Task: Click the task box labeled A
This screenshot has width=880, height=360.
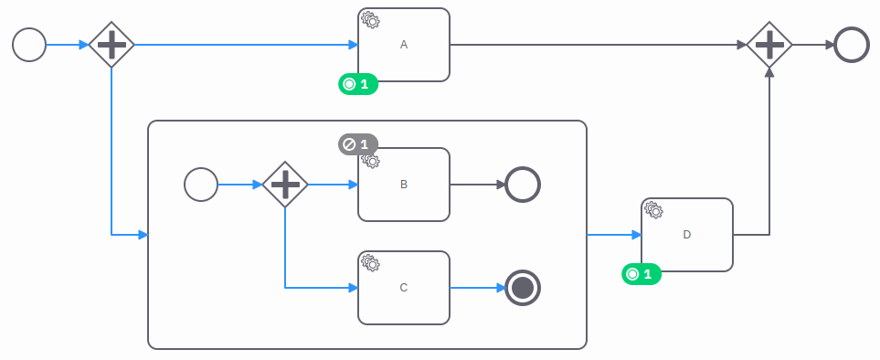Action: click(403, 45)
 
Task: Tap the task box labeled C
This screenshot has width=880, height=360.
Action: click(403, 288)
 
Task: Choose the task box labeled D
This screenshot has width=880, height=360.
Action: click(686, 235)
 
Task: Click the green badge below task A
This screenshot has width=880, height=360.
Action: click(357, 84)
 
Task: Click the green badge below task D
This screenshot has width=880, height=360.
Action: click(641, 273)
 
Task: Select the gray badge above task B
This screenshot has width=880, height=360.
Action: click(357, 144)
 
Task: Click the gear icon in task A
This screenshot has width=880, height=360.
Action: click(370, 19)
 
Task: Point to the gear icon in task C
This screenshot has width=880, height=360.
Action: click(370, 262)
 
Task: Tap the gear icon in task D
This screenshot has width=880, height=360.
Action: click(653, 209)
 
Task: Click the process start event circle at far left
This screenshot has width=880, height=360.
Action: click(29, 44)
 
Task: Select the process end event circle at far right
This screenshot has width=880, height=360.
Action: click(852, 44)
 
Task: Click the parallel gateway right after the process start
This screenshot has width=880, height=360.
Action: click(111, 44)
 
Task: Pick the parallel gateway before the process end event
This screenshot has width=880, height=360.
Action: click(769, 44)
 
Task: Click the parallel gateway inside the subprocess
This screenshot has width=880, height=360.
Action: click(285, 185)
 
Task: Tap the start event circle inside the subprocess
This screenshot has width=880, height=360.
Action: click(201, 185)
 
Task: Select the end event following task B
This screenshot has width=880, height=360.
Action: click(523, 185)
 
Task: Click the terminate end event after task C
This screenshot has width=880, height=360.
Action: click(523, 288)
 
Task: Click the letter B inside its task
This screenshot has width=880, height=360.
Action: click(404, 185)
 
